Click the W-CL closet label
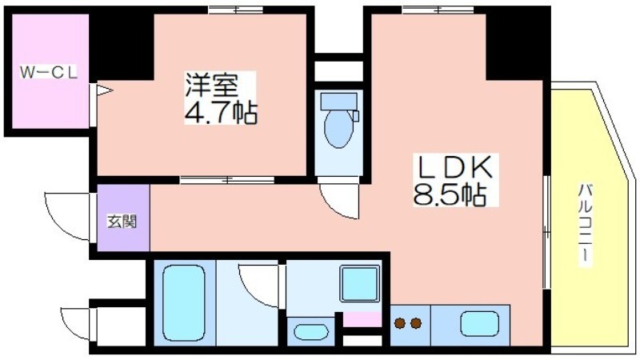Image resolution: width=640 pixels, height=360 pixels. click(x=49, y=73)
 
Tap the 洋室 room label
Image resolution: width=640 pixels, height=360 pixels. click(x=211, y=85)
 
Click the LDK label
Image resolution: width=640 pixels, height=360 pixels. click(x=455, y=166)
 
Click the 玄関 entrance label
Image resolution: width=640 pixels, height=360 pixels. click(x=122, y=221)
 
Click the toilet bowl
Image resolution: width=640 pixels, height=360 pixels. click(x=338, y=128)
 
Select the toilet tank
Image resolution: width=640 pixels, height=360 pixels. click(x=338, y=101)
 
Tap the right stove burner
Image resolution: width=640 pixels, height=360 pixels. click(x=416, y=324)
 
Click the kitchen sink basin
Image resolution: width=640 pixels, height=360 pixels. click(x=479, y=324)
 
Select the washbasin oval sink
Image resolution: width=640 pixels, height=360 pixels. click(x=311, y=332)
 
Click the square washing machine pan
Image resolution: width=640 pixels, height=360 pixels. click(x=360, y=283)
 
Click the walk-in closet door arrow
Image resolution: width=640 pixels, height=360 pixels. click(x=104, y=90)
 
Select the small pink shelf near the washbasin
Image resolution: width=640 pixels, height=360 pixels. click(x=362, y=319)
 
